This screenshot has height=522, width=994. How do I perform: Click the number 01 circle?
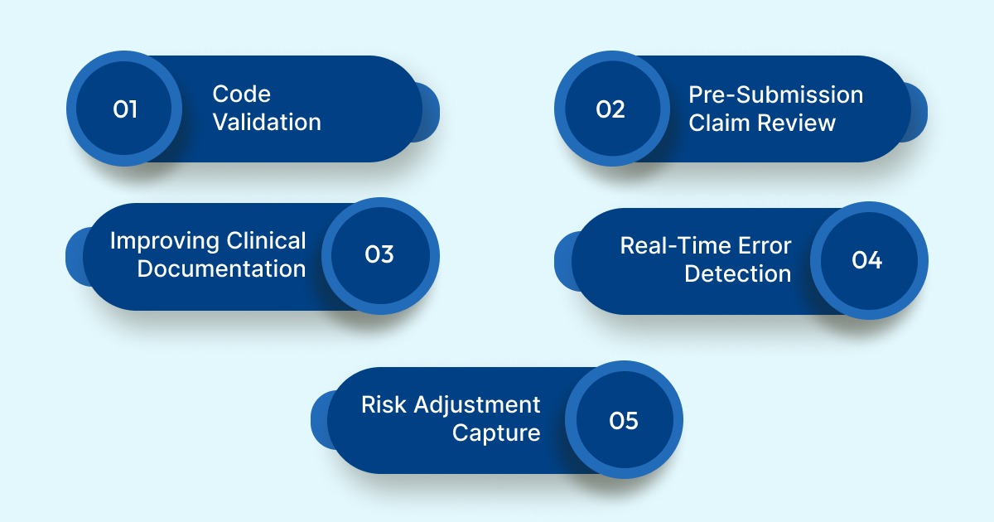pyautogui.click(x=124, y=109)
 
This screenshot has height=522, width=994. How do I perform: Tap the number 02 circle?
pyautogui.click(x=611, y=109)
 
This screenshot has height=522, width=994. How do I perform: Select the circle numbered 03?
pyautogui.click(x=379, y=255)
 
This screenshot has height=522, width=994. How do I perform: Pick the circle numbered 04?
pyautogui.click(x=867, y=260)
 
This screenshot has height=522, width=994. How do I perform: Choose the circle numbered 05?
pyautogui.click(x=624, y=420)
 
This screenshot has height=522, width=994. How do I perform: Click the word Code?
pyautogui.click(x=242, y=94)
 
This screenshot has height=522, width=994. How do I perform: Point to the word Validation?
pyautogui.click(x=267, y=123)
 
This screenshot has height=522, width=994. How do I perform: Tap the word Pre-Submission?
pyautogui.click(x=776, y=94)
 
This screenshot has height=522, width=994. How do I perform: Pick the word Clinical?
pyautogui.click(x=266, y=241)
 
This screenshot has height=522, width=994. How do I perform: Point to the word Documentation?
pyautogui.click(x=221, y=269)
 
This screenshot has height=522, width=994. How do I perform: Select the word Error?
pyautogui.click(x=764, y=246)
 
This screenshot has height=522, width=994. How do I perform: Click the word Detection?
pyautogui.click(x=737, y=274)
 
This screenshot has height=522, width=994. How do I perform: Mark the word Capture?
pyautogui.click(x=496, y=433)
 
